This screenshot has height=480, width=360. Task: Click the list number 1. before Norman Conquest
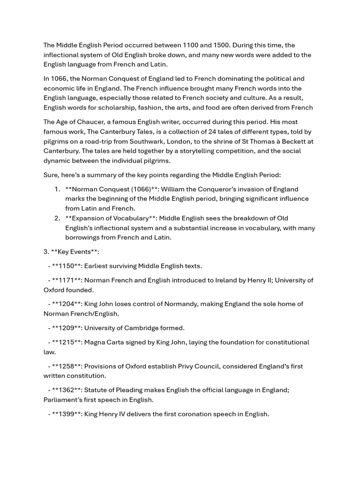pos(57,189)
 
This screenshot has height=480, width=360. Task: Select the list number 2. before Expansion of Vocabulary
pos(57,218)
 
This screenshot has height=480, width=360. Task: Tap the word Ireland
pos(214,280)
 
